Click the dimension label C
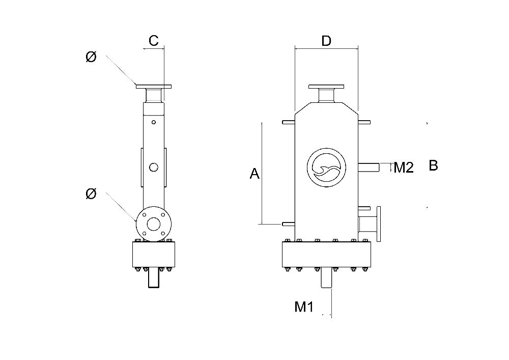[x=154, y=41]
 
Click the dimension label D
[x=326, y=41]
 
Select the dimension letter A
[x=254, y=173]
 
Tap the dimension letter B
[x=433, y=165]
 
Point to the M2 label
[x=404, y=168]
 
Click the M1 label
[x=304, y=307]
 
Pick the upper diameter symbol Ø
[x=91, y=57]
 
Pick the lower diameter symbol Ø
[x=91, y=194]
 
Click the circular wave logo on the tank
[x=327, y=168]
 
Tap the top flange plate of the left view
[x=154, y=87]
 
